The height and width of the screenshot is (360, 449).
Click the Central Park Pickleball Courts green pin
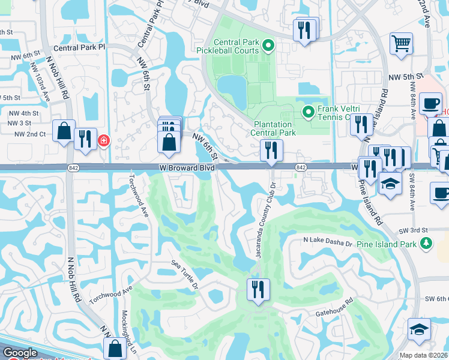point(269,44)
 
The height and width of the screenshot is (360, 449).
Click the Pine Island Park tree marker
point(426,243)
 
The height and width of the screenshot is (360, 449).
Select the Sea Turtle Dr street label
point(184,274)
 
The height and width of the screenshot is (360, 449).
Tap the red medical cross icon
point(104,140)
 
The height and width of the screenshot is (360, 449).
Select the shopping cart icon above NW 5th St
point(401,43)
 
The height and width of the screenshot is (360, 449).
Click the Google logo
point(20,353)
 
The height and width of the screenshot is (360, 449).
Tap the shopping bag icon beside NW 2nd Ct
point(64,131)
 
